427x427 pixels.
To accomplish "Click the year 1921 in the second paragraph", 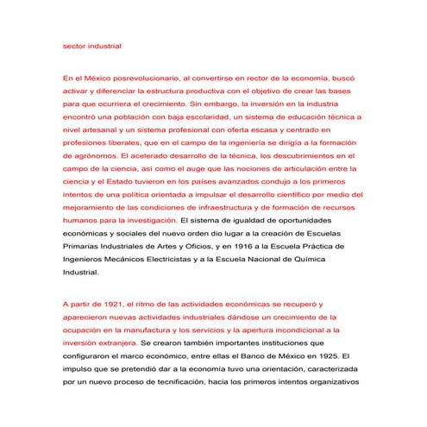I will [109, 305].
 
